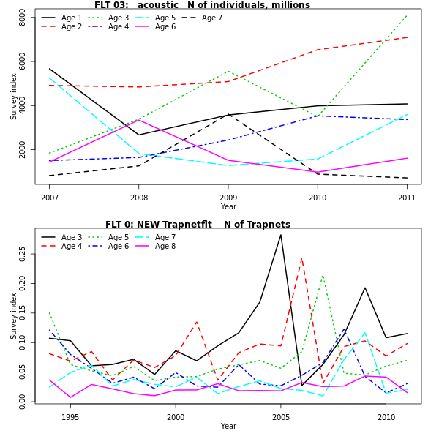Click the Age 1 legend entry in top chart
point(72,18)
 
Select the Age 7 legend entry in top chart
point(212,18)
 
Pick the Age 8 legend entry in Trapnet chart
point(165,247)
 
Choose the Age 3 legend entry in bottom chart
point(72,237)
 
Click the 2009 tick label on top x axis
point(228,198)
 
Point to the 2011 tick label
point(407,198)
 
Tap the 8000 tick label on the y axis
point(23,18)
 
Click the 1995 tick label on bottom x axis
point(70,417)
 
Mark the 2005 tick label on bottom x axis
point(281,417)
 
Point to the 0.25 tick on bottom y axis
point(23,253)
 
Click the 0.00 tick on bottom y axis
point(23,402)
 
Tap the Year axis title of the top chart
point(228,206)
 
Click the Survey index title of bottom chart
point(14,315)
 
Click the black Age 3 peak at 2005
point(281,234)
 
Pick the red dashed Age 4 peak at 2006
point(301,258)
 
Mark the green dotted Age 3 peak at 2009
point(228,71)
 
